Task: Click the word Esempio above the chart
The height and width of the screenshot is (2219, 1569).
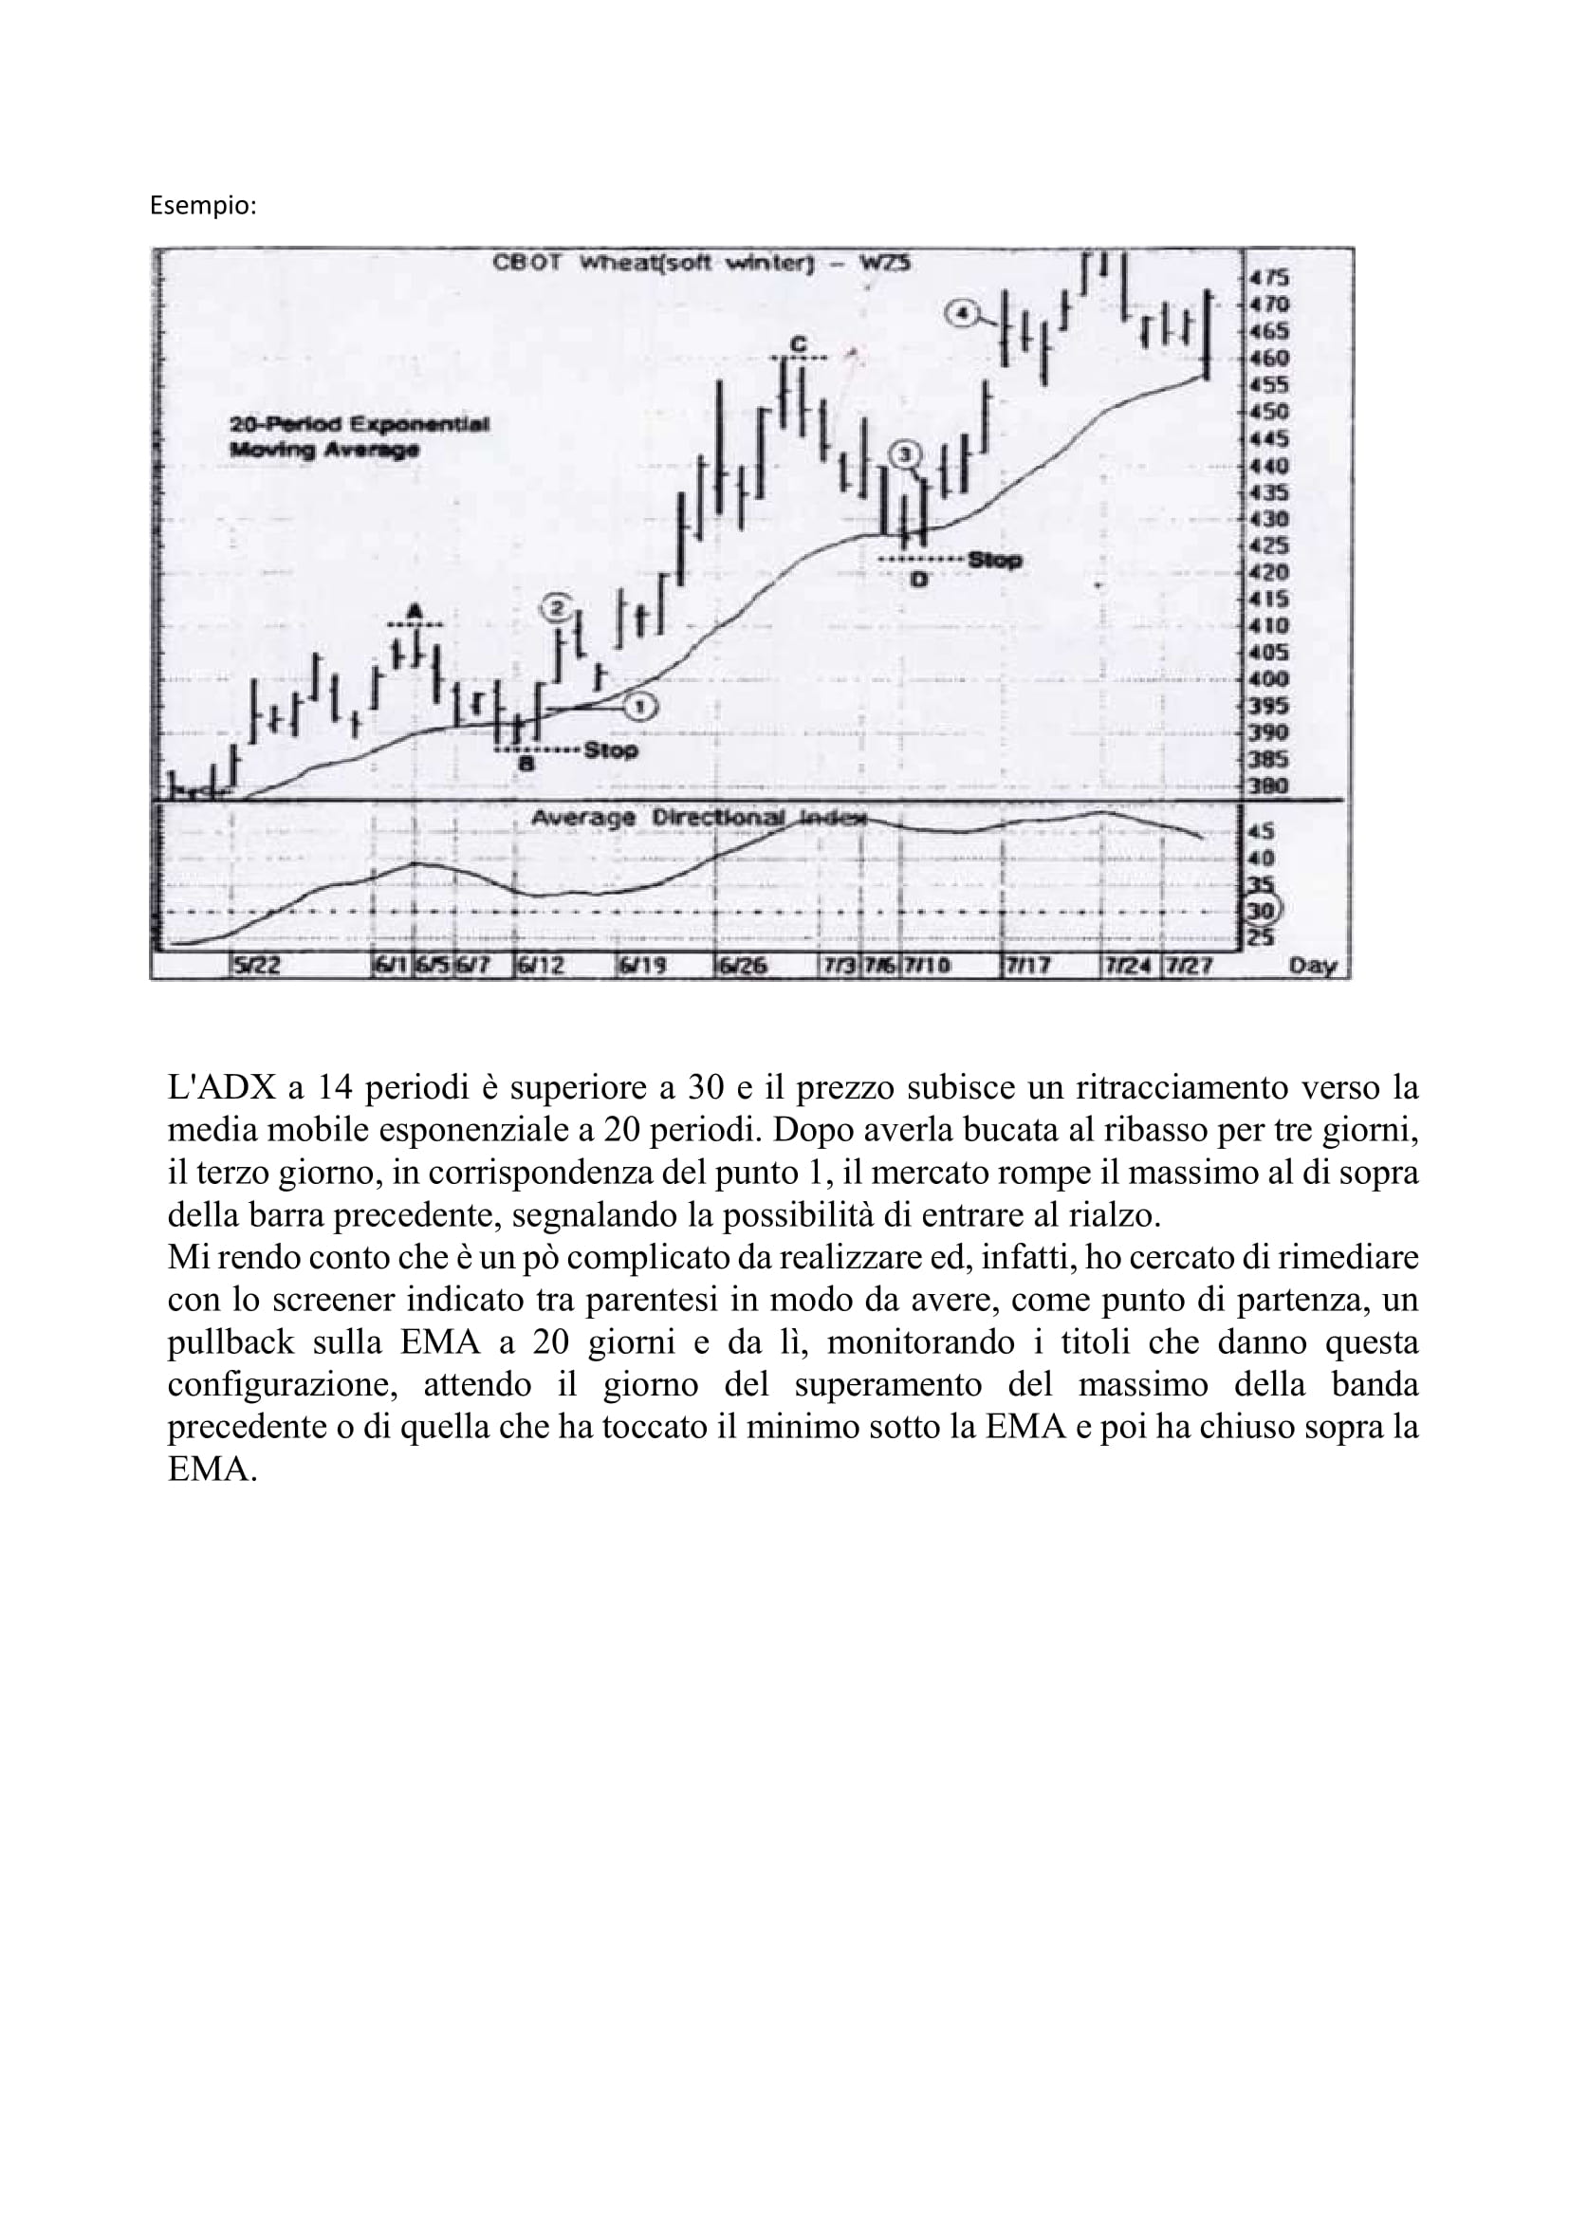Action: (203, 206)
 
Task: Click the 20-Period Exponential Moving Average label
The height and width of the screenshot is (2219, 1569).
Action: (359, 436)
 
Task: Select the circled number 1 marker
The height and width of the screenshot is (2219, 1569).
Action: (639, 708)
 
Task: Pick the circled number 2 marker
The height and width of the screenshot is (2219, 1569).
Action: (557, 607)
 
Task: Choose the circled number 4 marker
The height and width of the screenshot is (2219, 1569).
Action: (961, 313)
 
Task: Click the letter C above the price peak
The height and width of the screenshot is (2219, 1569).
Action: (798, 343)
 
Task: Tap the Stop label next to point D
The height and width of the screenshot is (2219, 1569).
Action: (994, 560)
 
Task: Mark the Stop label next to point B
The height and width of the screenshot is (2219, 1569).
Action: (611, 750)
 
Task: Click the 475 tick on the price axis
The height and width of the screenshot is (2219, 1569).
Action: (1269, 277)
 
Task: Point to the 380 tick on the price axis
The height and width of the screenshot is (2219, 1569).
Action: (1269, 786)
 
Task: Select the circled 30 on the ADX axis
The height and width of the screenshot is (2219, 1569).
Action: (1262, 910)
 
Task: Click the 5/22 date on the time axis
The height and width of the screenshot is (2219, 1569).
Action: (255, 965)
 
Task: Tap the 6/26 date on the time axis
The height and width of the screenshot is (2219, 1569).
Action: (742, 965)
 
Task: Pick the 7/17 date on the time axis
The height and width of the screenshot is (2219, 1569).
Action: (1028, 965)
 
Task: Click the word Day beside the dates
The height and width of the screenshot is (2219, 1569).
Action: (1312, 965)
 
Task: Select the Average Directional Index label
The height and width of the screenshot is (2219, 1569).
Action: (697, 818)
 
